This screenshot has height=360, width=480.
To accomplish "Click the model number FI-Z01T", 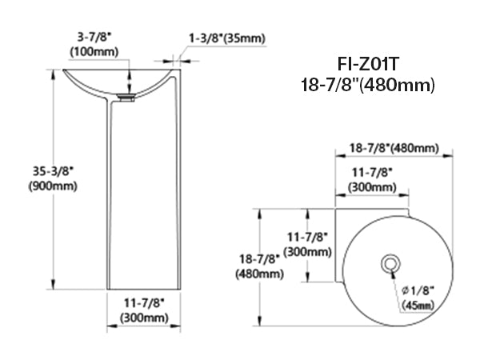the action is click(368, 64).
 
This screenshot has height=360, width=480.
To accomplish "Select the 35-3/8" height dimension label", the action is click(54, 171).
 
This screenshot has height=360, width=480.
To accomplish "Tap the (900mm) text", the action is click(53, 186).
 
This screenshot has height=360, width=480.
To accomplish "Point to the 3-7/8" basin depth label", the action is click(94, 37).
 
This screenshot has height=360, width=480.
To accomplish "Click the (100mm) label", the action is click(94, 51).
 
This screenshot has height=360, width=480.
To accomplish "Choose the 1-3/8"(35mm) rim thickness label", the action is click(227, 38).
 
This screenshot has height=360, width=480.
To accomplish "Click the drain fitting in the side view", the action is click(126, 98).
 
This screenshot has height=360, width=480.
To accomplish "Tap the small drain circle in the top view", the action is click(390, 263).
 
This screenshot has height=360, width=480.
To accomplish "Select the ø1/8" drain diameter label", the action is click(418, 290).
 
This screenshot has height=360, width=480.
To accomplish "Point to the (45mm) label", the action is click(418, 306).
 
